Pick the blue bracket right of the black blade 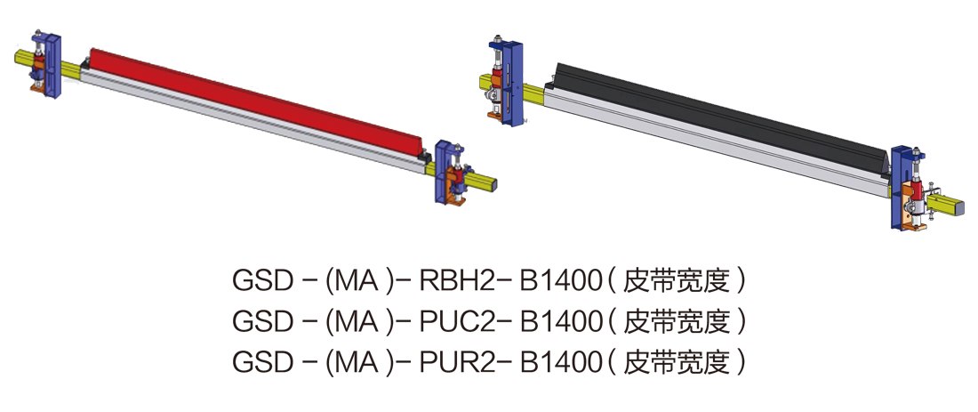point(902,187)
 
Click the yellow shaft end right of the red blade point(485,184)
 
